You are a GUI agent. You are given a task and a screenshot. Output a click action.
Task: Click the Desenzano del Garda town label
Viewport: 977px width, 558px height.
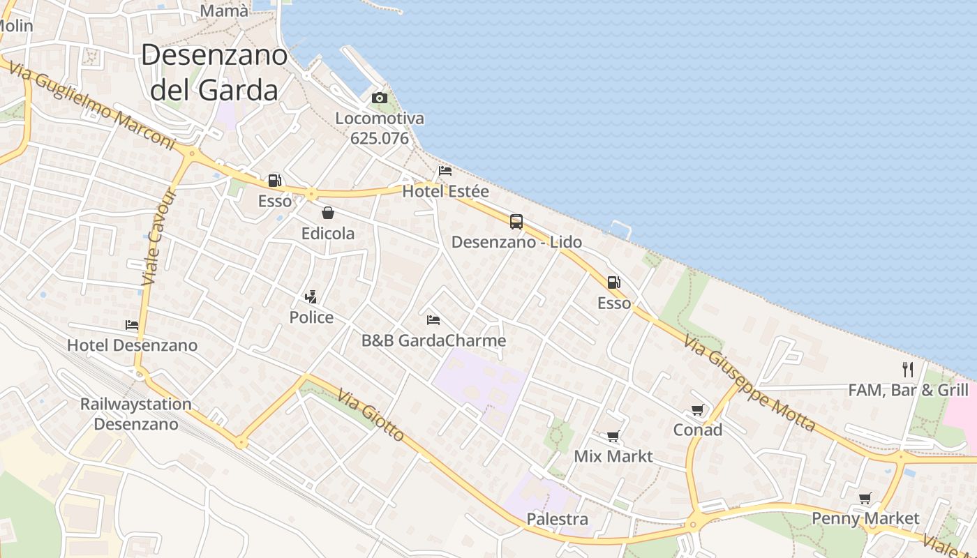tap(214, 73)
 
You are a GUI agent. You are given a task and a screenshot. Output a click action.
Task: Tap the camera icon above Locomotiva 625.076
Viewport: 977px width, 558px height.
tap(380, 98)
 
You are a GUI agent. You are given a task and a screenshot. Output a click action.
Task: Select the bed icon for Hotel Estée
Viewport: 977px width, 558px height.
tap(445, 171)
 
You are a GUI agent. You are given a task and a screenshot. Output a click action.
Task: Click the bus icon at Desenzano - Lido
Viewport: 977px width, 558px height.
tap(516, 222)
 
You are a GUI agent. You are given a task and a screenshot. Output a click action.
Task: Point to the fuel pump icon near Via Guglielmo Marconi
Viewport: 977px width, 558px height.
tap(275, 181)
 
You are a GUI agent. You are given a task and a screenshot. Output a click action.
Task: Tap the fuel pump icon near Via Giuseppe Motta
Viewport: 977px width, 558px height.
tap(614, 282)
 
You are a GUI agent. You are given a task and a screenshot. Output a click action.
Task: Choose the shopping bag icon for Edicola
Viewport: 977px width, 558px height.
tap(328, 213)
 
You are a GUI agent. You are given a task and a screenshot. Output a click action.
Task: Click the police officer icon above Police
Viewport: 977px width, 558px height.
tap(311, 297)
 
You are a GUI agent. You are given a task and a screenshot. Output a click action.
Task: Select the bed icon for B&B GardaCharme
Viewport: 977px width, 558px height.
tap(433, 320)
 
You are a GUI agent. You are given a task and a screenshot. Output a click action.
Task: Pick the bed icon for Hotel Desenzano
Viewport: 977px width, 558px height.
tap(132, 324)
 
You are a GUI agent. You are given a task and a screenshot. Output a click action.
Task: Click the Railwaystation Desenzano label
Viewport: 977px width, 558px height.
tap(135, 414)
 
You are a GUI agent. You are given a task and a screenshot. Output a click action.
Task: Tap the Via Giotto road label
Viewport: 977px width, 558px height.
tap(371, 416)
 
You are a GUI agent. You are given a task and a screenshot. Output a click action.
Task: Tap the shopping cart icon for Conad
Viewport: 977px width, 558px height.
tap(697, 409)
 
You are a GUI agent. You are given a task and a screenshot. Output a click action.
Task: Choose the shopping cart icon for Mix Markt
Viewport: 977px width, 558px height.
tap(613, 437)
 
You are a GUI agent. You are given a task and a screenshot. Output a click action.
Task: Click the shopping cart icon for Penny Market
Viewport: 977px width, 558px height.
tap(865, 498)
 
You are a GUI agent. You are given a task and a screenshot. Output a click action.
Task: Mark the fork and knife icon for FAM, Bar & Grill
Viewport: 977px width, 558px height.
tap(908, 370)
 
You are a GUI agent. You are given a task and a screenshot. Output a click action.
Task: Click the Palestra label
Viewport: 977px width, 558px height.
tap(557, 520)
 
